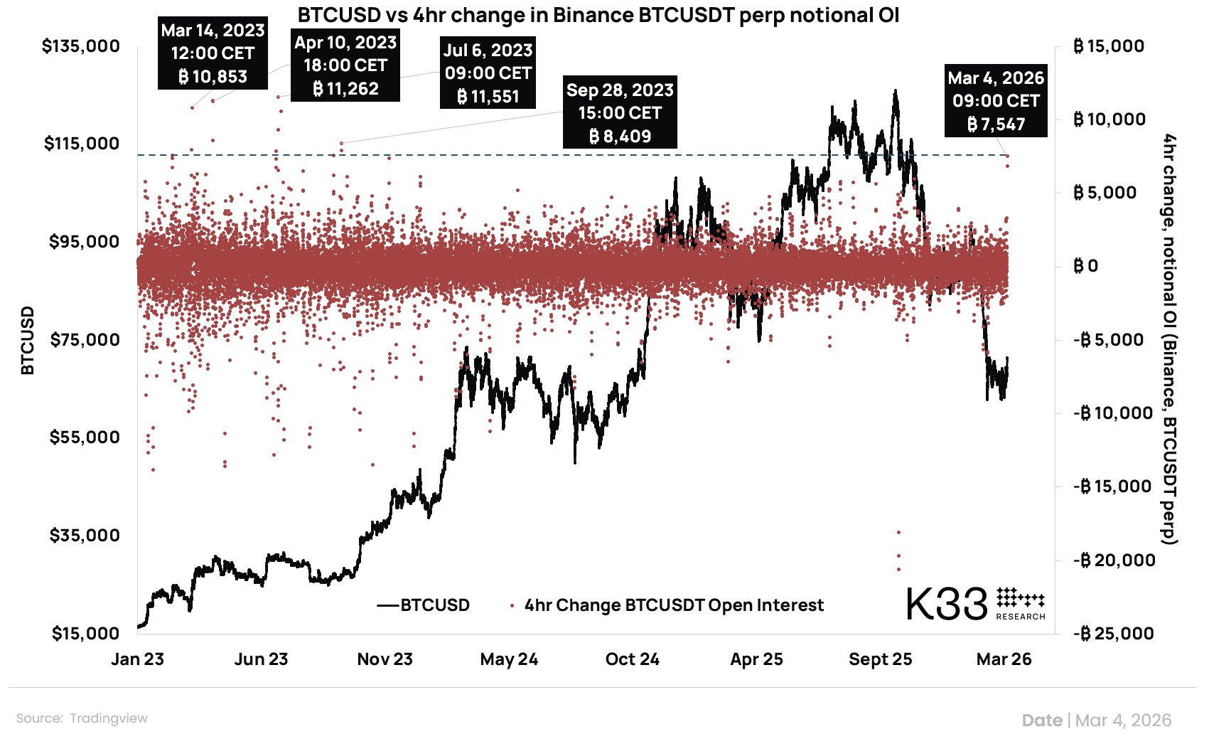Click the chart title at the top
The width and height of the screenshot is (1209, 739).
tap(598, 15)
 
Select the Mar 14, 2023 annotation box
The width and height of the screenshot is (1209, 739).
tap(213, 53)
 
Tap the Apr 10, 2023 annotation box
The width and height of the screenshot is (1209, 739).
tap(345, 65)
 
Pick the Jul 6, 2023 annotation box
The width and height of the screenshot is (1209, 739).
tap(488, 73)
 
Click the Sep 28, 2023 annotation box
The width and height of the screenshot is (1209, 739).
tap(620, 112)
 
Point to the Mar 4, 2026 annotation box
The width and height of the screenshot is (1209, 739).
tap(995, 101)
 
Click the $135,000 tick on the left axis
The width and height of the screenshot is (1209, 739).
tap(81, 46)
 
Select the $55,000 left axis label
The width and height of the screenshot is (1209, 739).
tap(85, 437)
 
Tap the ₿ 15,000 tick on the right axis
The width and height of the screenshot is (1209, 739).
tap(1109, 46)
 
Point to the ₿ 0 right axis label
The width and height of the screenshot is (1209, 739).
tap(1085, 266)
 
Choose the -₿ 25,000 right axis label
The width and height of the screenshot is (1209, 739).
tap(1113, 633)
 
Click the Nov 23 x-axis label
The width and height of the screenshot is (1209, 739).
tap(385, 659)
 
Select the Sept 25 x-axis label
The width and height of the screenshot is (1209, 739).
tap(880, 659)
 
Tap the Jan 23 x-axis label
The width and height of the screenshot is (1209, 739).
tap(137, 659)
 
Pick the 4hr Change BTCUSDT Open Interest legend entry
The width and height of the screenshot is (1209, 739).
tap(673, 605)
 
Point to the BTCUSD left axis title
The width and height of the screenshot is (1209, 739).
tap(27, 340)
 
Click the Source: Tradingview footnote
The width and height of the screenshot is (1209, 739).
tap(82, 718)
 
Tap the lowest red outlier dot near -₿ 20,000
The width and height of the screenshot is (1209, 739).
tap(898, 569)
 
